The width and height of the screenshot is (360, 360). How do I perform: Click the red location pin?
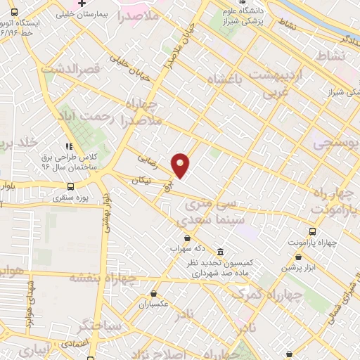pos(181,165)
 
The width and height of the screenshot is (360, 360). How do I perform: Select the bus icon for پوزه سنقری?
pos(70,186)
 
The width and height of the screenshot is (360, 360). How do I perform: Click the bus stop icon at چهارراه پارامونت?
pos(312,231)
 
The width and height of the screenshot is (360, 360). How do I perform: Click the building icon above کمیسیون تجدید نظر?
pos(220,252)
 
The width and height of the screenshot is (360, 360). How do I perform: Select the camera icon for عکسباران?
pos(154,294)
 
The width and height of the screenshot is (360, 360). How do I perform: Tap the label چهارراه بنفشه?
pos(99,278)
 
